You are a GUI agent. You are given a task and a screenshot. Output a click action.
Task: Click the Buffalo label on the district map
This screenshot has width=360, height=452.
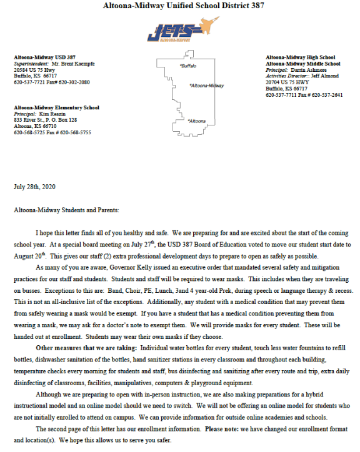pos(188,66)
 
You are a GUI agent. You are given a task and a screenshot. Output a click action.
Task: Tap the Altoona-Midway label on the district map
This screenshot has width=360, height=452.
pos(207,86)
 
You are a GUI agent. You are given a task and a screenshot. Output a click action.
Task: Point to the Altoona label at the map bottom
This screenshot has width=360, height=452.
pos(197,120)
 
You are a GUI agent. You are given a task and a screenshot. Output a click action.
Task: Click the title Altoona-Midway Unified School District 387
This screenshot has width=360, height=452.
pos(180,6)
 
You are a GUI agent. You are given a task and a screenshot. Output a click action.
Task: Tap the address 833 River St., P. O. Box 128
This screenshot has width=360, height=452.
pos(46,120)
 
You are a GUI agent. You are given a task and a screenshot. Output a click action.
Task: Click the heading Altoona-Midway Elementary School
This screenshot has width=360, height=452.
pos(56,107)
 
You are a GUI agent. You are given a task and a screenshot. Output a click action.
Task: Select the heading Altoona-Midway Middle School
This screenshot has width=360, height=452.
pos(302,64)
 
